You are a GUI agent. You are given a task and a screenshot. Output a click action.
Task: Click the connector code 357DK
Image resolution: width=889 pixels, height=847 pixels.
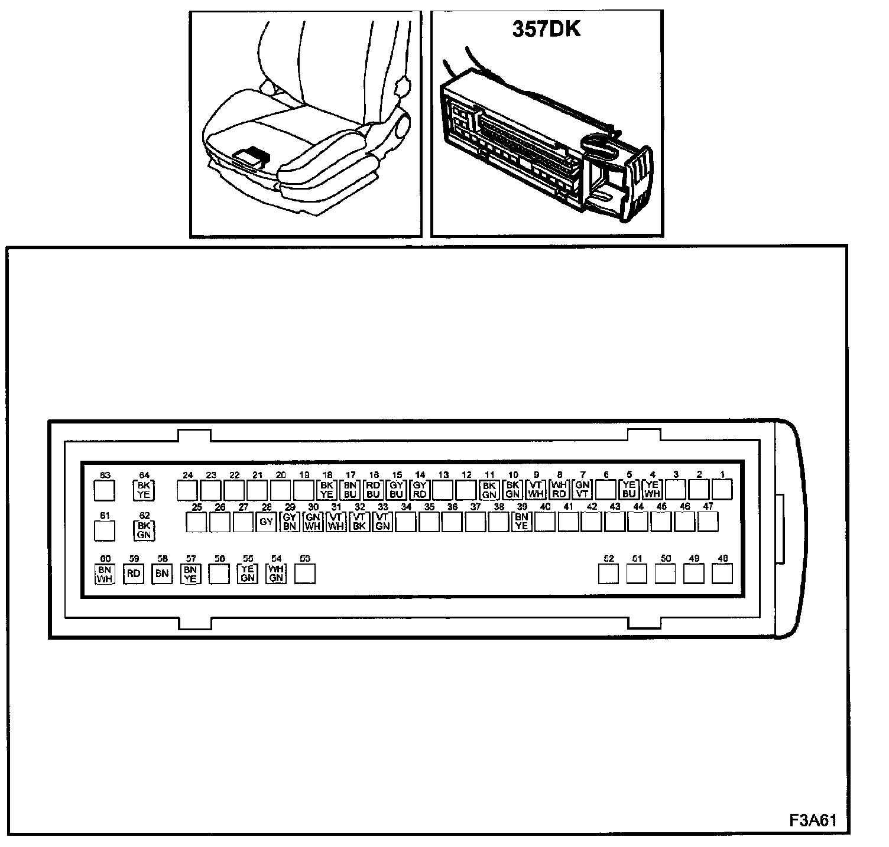click(546, 30)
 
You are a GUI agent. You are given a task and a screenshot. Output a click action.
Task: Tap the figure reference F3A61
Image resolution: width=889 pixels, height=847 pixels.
click(813, 820)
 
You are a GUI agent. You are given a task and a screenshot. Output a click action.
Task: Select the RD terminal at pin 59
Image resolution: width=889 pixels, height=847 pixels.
click(134, 574)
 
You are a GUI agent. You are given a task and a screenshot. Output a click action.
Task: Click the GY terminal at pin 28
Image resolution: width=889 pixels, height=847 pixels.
click(267, 522)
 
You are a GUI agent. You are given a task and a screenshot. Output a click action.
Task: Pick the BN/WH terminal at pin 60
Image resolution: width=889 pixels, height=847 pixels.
click(105, 574)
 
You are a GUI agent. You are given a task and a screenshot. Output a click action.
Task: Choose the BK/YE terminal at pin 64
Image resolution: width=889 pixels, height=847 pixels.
click(144, 490)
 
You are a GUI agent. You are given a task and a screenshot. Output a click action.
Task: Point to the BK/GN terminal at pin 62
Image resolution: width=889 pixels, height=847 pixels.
click(144, 530)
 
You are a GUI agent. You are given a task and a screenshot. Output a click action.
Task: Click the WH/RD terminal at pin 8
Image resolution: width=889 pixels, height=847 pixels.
click(559, 490)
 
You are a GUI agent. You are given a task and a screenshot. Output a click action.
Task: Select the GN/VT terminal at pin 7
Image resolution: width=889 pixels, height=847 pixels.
click(582, 490)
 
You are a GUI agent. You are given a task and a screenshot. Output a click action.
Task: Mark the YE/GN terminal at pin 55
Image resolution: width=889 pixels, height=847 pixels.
click(248, 574)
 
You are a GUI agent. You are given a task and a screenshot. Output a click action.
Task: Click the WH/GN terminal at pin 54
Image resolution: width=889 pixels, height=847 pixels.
click(276, 574)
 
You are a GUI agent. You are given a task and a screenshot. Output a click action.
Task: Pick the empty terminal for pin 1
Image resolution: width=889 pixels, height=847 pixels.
click(722, 490)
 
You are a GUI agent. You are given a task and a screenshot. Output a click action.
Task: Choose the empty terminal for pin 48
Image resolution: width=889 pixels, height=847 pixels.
click(722, 574)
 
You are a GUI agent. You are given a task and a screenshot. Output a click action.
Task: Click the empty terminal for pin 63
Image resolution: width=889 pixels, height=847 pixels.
click(105, 490)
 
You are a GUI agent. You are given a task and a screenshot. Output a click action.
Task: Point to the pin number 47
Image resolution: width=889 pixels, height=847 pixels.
click(708, 506)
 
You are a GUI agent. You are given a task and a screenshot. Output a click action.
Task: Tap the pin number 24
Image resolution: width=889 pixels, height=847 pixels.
click(188, 475)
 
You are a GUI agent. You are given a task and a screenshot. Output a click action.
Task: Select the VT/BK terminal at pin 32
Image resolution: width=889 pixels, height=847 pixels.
click(359, 522)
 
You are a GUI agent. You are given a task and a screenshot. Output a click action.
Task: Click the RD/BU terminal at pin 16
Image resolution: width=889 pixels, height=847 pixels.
click(373, 490)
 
